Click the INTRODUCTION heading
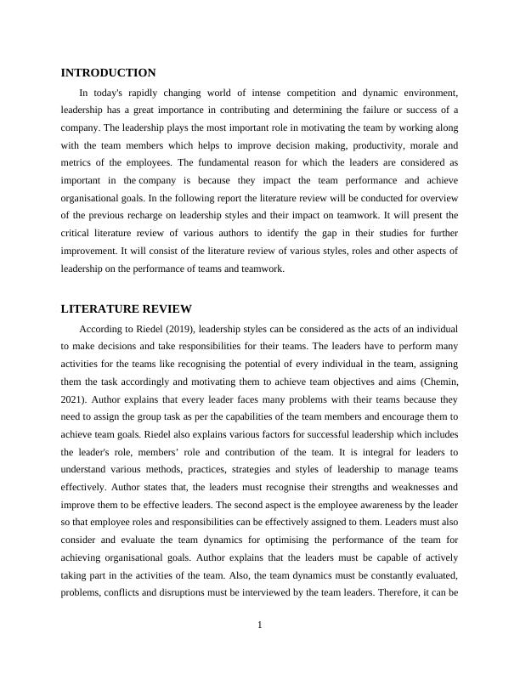pyautogui.click(x=109, y=73)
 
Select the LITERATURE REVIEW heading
pyautogui.click(x=127, y=308)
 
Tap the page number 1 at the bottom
pyautogui.click(x=260, y=625)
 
